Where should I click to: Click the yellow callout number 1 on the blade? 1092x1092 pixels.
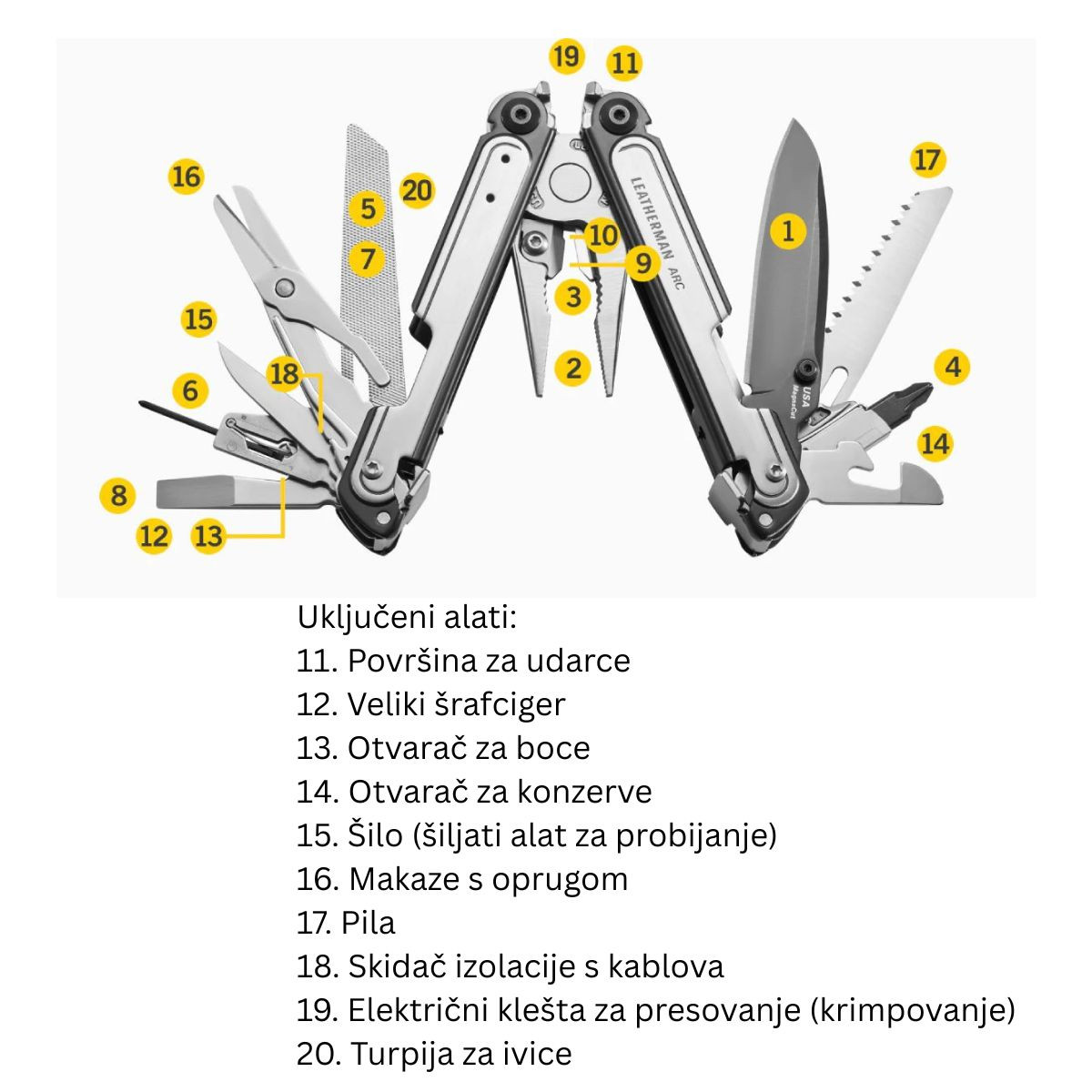pyautogui.click(x=788, y=230)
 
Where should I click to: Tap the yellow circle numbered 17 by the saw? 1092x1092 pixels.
pyautogui.click(x=927, y=161)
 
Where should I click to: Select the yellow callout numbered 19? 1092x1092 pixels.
pyautogui.click(x=566, y=56)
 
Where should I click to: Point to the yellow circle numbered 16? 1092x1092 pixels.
pyautogui.click(x=186, y=176)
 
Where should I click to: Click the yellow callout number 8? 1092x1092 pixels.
pyautogui.click(x=118, y=496)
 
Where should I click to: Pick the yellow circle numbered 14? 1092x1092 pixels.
pyautogui.click(x=935, y=443)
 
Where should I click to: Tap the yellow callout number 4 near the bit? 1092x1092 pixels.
pyautogui.click(x=953, y=367)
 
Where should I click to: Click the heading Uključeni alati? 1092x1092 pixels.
pyautogui.click(x=407, y=617)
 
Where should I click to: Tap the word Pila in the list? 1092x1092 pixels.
pyautogui.click(x=369, y=923)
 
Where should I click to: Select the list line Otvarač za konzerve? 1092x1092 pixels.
pyautogui.click(x=473, y=792)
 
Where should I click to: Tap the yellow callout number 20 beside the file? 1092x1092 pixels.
pyautogui.click(x=417, y=191)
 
